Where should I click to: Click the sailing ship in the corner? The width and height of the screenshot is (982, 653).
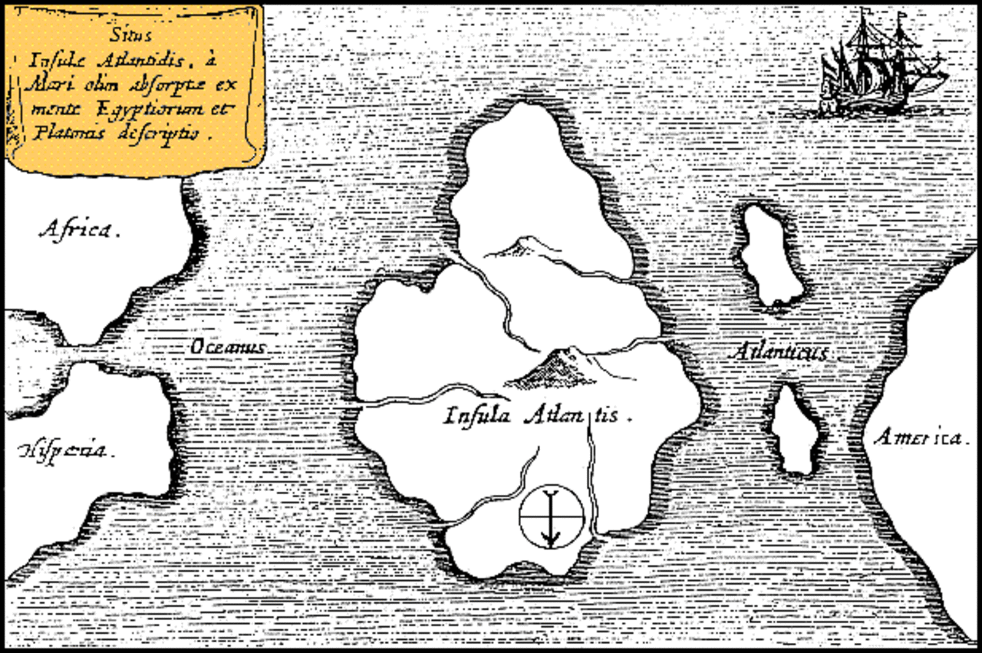click(x=878, y=65)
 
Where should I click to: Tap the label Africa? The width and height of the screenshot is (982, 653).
click(x=79, y=229)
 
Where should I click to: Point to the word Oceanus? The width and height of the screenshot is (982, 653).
click(x=227, y=348)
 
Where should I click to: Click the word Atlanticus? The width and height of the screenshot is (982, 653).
click(x=781, y=352)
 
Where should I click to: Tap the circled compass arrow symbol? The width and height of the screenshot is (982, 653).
click(x=551, y=516)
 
